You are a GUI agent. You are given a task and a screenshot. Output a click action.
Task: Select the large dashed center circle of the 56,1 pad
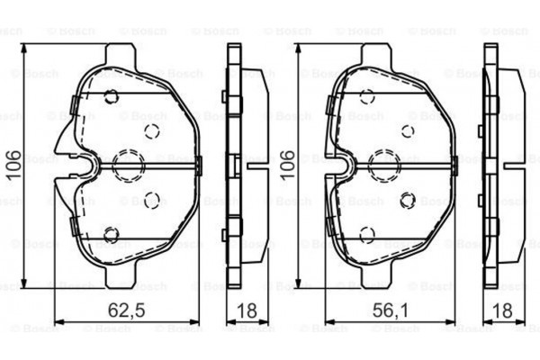[x=384, y=163]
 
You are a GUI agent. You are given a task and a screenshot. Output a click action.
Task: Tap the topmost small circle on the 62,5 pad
[x=112, y=98]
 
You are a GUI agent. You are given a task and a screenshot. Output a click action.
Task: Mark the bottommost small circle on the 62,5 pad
[x=112, y=235]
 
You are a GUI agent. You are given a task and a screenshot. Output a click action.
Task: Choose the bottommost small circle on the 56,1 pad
[x=366, y=234]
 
